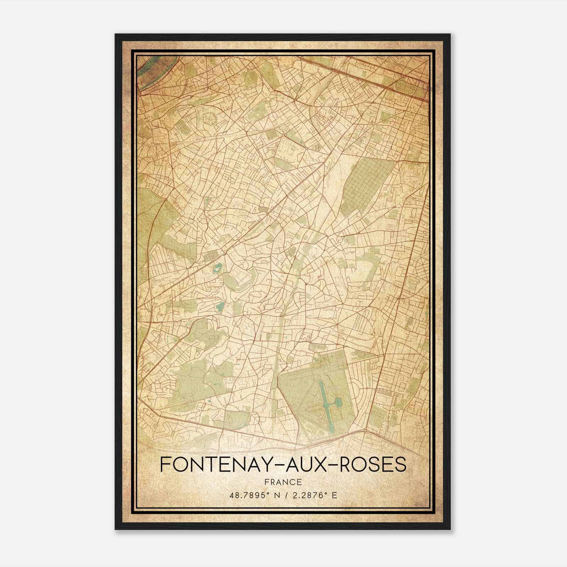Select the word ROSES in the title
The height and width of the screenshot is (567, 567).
point(373,464)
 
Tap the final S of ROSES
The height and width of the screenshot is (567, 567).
point(400,464)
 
